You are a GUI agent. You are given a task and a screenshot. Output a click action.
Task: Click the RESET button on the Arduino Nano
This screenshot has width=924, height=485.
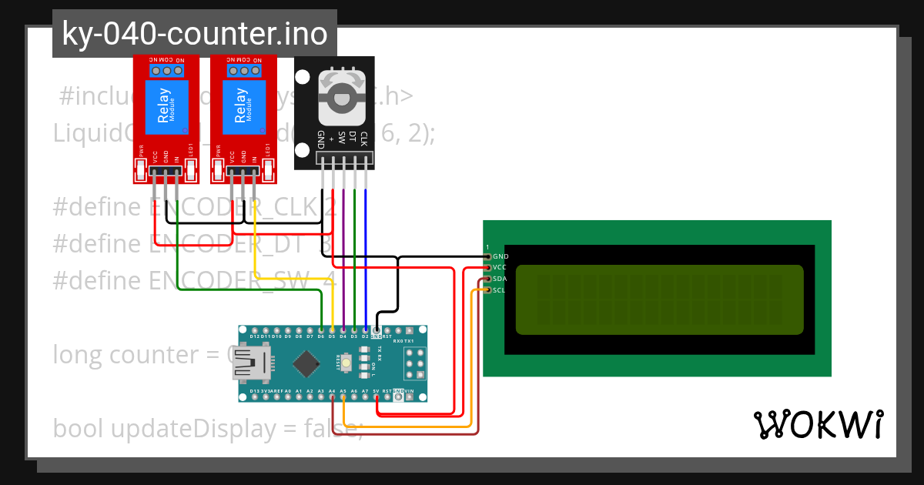coord(347,363)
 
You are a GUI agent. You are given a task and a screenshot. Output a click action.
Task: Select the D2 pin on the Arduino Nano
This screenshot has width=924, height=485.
coord(365,330)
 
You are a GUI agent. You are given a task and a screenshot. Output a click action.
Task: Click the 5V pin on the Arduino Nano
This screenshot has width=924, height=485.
coord(376,397)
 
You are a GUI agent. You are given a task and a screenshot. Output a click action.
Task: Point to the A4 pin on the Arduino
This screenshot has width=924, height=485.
coord(332,397)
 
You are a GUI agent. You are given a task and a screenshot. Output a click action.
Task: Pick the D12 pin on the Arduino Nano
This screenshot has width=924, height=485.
coord(255,330)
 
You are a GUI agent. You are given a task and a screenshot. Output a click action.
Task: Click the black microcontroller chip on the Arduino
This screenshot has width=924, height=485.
coord(307,363)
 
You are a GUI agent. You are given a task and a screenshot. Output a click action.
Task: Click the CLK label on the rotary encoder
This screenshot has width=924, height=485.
coord(363,139)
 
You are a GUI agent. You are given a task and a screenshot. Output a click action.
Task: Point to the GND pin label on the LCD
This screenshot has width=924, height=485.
coord(500,256)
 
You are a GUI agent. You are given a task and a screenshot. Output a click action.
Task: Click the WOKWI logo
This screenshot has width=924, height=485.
coord(818,424)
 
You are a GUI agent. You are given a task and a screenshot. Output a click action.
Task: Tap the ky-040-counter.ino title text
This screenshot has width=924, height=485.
coord(194,34)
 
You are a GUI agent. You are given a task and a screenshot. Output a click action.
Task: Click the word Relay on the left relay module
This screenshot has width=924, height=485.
coord(163,106)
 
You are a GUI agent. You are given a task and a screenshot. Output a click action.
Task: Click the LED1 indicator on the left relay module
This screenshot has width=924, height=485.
coord(191,170)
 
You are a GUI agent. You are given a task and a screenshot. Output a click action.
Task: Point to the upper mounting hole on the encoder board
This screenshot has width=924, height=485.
coord(303,79)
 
